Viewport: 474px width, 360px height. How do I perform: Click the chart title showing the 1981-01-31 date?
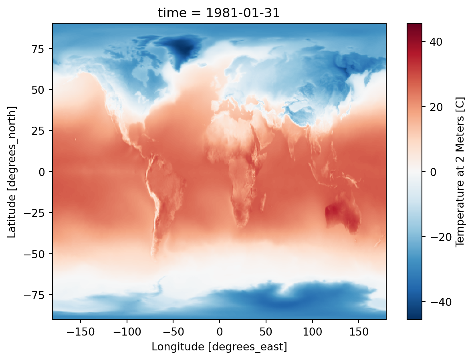coord(219,13)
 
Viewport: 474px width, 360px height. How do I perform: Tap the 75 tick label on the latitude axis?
coord(40,49)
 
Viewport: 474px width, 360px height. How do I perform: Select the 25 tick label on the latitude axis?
coord(40,131)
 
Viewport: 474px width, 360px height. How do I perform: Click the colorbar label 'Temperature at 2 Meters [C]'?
coord(460,172)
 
